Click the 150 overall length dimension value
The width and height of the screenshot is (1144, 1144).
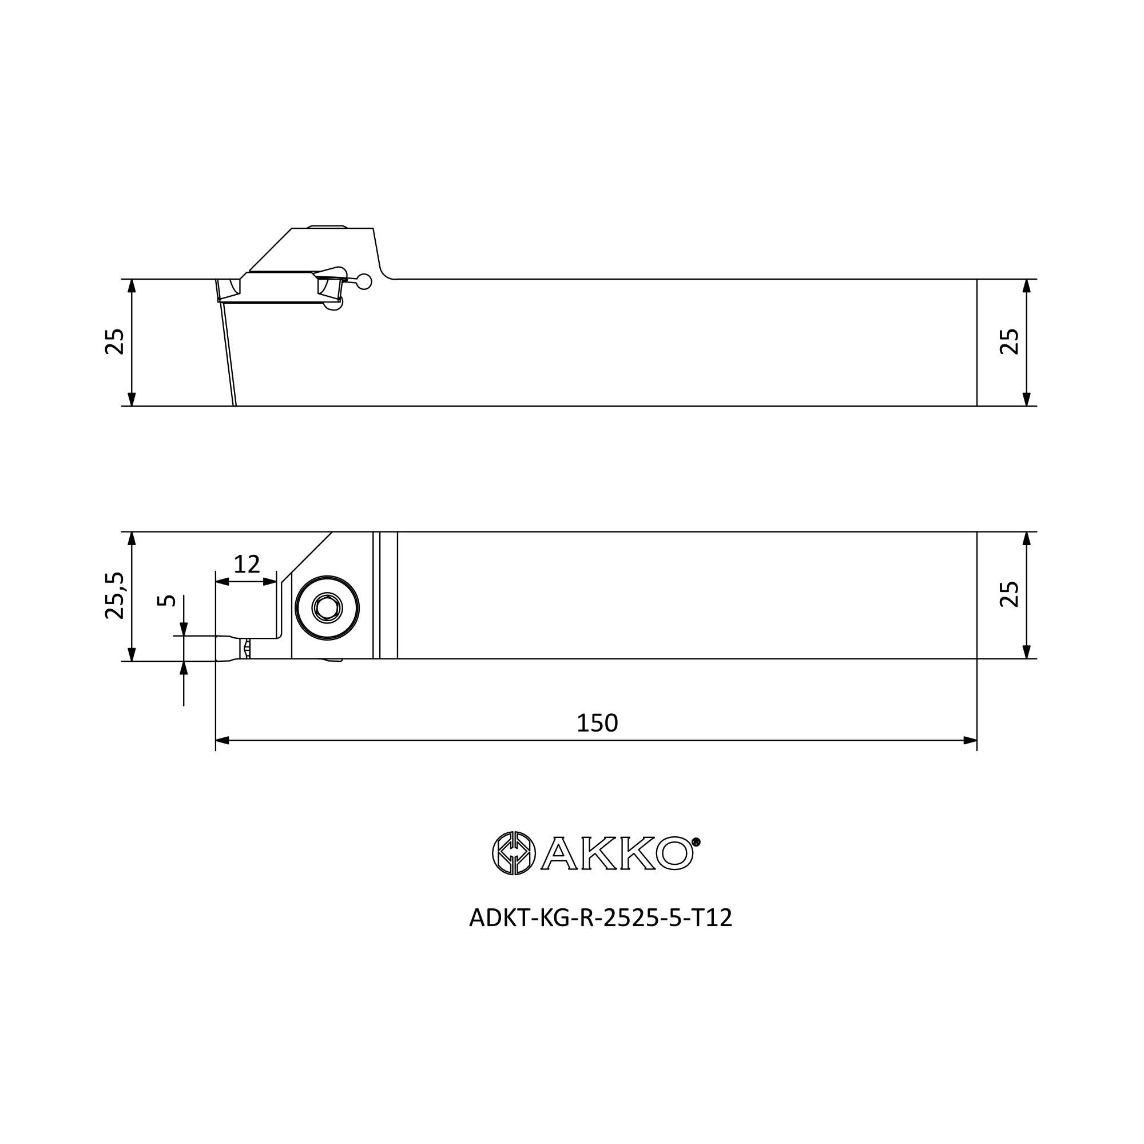[597, 723]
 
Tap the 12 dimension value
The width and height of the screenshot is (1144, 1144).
[247, 565]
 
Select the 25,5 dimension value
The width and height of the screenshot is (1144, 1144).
[114, 595]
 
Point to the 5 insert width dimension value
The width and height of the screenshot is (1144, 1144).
[166, 601]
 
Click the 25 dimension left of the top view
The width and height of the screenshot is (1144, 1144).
[114, 341]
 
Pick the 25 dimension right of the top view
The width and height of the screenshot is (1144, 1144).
[1009, 341]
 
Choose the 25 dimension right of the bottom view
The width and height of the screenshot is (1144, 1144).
[1009, 594]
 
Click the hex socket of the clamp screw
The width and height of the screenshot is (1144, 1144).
[327, 607]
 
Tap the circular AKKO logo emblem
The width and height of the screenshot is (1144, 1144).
[514, 853]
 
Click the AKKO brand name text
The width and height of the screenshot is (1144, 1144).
[617, 853]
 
